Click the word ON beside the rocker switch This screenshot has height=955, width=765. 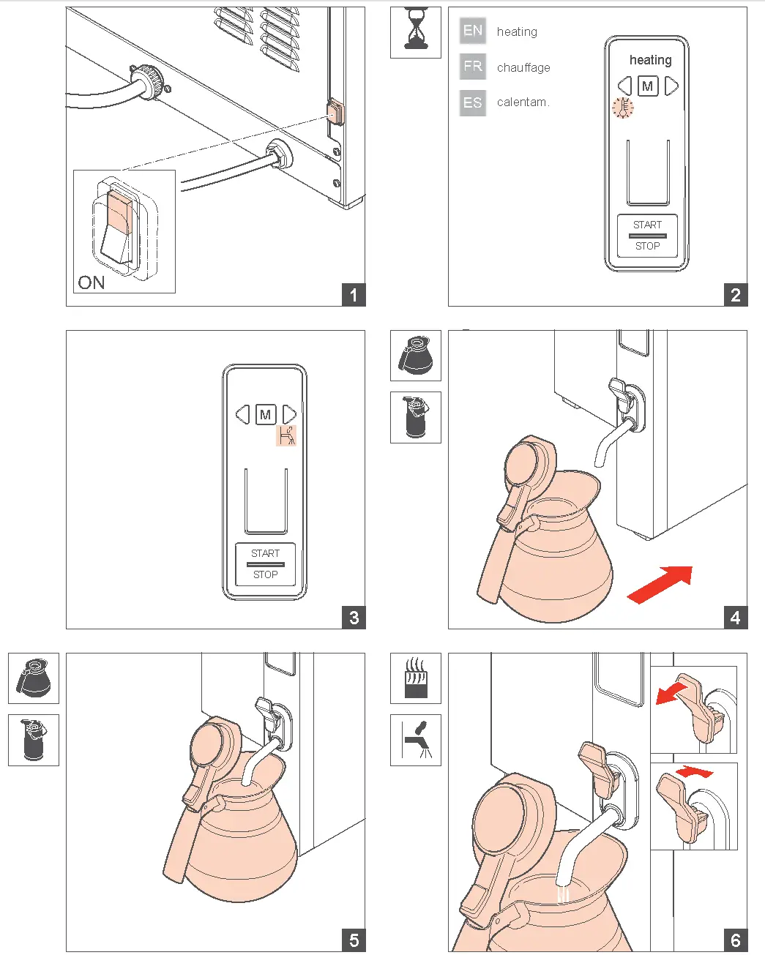click(x=92, y=282)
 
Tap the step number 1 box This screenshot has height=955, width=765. click(x=354, y=295)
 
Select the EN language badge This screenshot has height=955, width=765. click(x=472, y=31)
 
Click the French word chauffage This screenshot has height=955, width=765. click(x=523, y=67)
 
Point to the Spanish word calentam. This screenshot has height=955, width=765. click(x=523, y=102)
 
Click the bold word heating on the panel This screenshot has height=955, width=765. click(x=651, y=60)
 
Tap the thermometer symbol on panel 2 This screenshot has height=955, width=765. click(x=623, y=108)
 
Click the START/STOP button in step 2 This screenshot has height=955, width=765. click(x=647, y=236)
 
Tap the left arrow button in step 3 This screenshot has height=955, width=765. click(x=242, y=414)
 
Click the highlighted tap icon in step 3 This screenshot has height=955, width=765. click(x=286, y=435)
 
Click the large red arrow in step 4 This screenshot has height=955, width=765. click(x=660, y=585)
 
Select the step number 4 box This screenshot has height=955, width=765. click(x=735, y=618)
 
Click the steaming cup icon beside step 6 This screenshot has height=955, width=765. click(x=416, y=678)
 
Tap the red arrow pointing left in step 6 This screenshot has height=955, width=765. click(x=672, y=694)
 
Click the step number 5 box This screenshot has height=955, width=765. click(x=354, y=940)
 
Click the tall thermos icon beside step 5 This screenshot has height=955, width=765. click(x=34, y=740)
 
